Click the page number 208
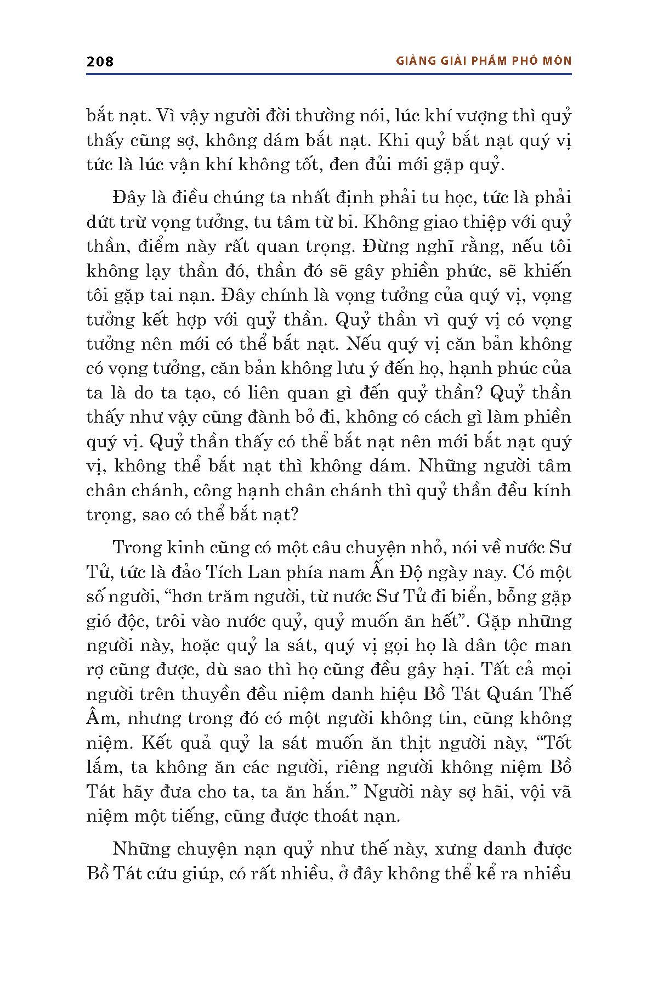point(100,61)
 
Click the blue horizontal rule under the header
point(329,74)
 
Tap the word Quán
point(506,694)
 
